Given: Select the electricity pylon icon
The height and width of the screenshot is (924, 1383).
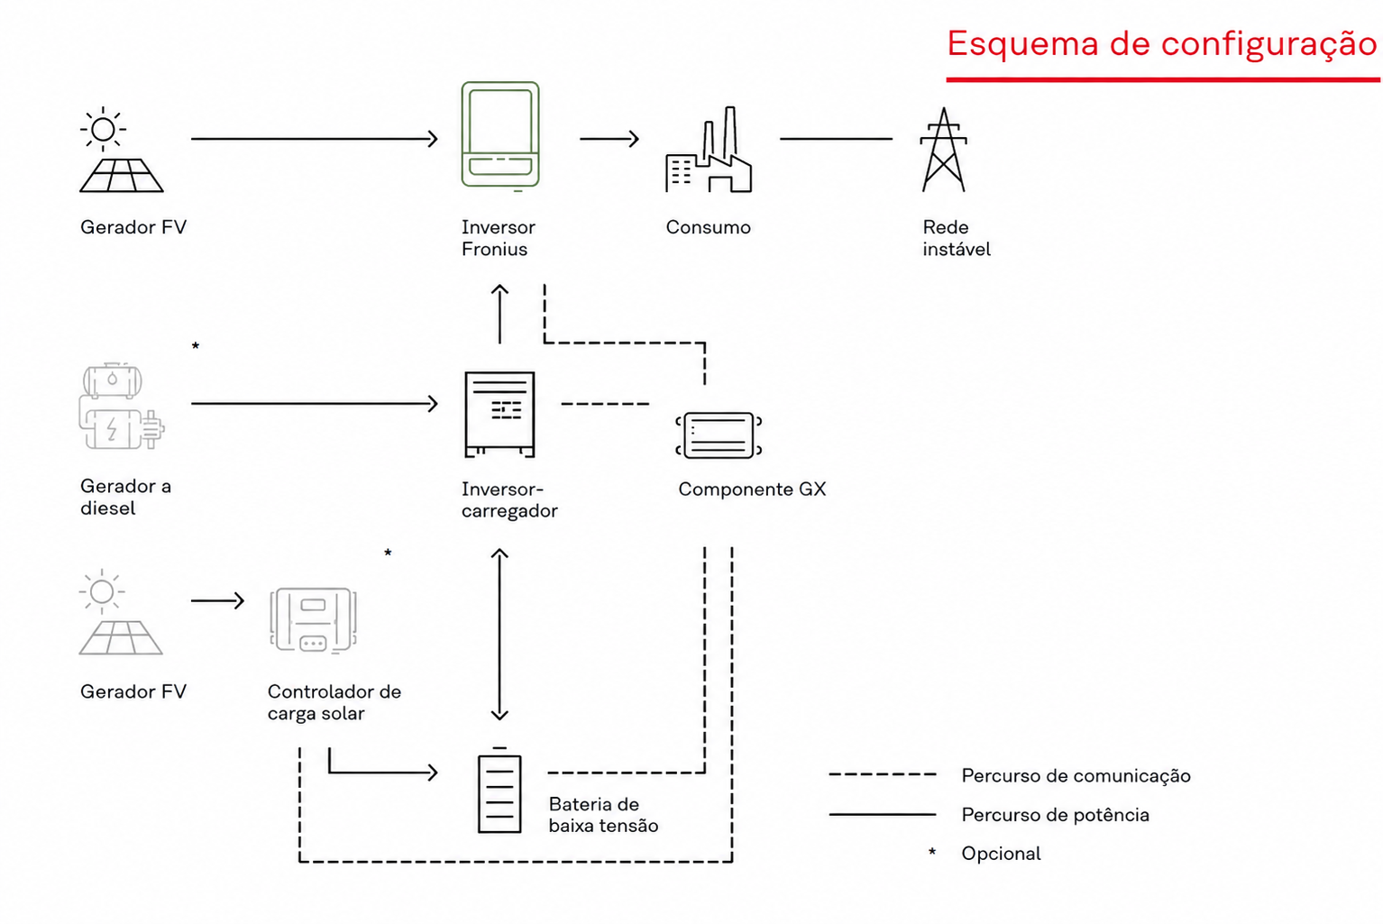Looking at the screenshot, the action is click(943, 150).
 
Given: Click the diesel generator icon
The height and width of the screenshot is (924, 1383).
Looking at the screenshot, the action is click(122, 407).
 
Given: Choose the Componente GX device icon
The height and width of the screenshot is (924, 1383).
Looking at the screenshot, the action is click(719, 435).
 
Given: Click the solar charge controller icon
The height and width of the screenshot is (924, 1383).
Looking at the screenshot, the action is click(313, 620).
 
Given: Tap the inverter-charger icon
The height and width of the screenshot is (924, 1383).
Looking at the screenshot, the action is click(499, 414).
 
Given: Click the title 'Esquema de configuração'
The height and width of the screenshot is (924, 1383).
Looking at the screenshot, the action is click(1162, 44).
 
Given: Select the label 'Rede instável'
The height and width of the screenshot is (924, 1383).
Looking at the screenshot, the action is click(957, 238).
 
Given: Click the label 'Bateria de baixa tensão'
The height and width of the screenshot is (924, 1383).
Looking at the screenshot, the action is click(603, 815).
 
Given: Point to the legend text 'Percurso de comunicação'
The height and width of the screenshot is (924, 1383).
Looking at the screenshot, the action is click(1076, 776).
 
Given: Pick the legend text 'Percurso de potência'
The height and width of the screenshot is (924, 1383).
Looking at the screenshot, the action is click(1055, 815).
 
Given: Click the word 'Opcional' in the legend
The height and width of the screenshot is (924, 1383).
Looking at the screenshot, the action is click(1001, 854).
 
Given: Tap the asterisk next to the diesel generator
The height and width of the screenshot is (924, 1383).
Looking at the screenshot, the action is click(196, 345).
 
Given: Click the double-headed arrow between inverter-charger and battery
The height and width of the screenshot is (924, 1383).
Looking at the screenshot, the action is click(499, 635).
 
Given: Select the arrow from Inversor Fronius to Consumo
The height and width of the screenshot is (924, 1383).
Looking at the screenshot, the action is click(609, 139).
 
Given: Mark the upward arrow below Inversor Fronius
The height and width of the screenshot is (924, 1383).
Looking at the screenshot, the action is click(499, 314).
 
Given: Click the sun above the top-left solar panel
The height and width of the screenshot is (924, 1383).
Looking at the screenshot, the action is click(103, 129).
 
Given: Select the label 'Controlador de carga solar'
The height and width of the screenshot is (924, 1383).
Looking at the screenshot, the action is click(334, 702).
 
